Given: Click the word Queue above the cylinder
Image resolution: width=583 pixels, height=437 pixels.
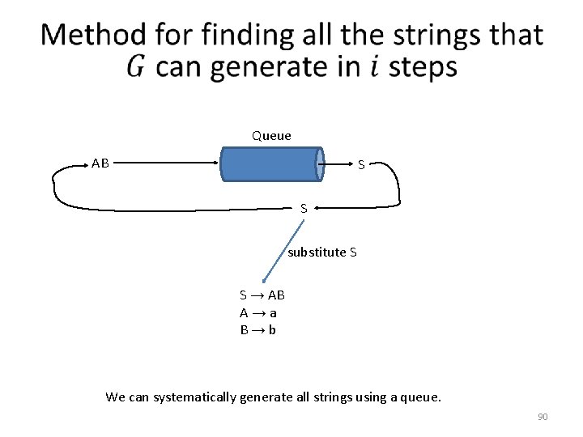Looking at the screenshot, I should [271, 136].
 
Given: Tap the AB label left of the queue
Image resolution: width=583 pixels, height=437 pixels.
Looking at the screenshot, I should [100, 163].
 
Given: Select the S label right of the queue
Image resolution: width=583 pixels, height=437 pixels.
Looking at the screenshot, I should [362, 166].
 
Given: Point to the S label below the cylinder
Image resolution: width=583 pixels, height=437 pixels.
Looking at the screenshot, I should [304, 208].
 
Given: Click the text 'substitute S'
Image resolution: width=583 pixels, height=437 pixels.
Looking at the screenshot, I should [322, 252].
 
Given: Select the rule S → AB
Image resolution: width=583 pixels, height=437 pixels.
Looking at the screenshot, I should [262, 295].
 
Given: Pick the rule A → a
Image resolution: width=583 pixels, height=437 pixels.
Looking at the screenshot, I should [258, 312].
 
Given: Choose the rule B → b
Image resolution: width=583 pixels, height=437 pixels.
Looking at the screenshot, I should [257, 330].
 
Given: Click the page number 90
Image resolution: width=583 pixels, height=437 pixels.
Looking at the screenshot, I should [543, 417].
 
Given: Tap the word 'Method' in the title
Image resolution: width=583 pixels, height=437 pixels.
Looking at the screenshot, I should [93, 36].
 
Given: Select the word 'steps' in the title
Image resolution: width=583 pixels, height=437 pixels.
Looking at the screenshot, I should [423, 68].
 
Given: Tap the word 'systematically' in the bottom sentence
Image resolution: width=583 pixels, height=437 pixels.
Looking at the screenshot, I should [191, 397].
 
